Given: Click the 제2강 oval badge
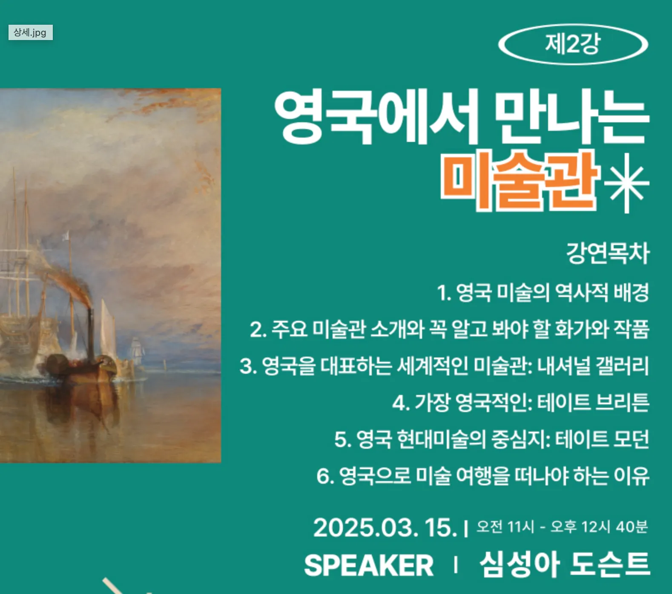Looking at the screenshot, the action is point(573,44).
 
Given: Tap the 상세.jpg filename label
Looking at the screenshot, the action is point(30,32).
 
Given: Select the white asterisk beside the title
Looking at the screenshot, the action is point(626,183).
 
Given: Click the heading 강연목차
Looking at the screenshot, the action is point(608,253).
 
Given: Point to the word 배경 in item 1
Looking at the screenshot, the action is point(631,292).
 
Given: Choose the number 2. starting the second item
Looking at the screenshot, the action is point(258,329).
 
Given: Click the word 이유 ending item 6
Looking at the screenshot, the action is point(632,476).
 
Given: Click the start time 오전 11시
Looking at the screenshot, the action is point(505,527).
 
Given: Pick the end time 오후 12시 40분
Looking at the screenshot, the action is point(599,527).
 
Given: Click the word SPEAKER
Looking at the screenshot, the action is point(369,565).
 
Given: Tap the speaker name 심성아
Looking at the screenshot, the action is point(520,564).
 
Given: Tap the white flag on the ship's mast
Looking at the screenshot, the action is point(66,236).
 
